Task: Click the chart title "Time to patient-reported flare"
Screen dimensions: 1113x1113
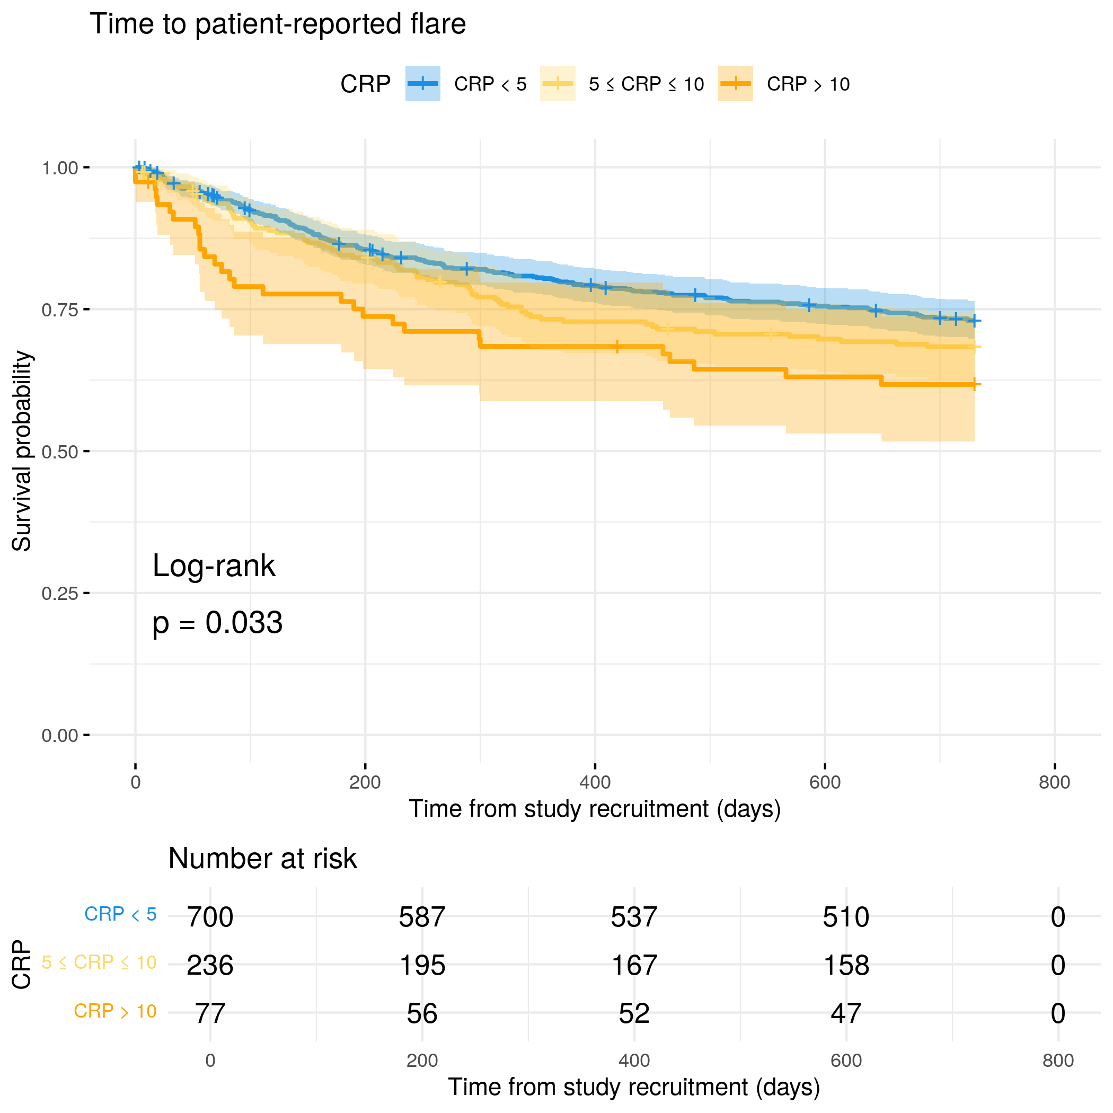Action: tap(278, 24)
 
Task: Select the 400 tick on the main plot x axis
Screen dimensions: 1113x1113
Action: tap(595, 782)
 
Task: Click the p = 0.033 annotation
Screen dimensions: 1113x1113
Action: tap(217, 623)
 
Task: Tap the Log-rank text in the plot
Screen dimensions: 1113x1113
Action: tap(214, 566)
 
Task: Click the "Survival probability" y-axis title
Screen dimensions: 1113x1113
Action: tap(22, 451)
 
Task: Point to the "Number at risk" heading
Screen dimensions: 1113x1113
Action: tap(262, 859)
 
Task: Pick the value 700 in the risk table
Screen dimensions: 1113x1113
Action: tap(210, 916)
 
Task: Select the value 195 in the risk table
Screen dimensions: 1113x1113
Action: tap(422, 965)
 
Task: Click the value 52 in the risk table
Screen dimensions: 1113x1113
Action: tap(634, 1013)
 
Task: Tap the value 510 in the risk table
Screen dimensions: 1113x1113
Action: tap(846, 916)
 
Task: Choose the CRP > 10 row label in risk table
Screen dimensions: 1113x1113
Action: tap(115, 1011)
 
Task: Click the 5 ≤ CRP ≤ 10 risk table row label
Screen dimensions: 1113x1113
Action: tap(99, 962)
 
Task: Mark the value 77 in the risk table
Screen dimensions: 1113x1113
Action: tap(210, 1013)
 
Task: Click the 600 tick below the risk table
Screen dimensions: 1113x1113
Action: tap(846, 1061)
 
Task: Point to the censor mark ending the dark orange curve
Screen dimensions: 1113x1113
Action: tap(974, 384)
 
